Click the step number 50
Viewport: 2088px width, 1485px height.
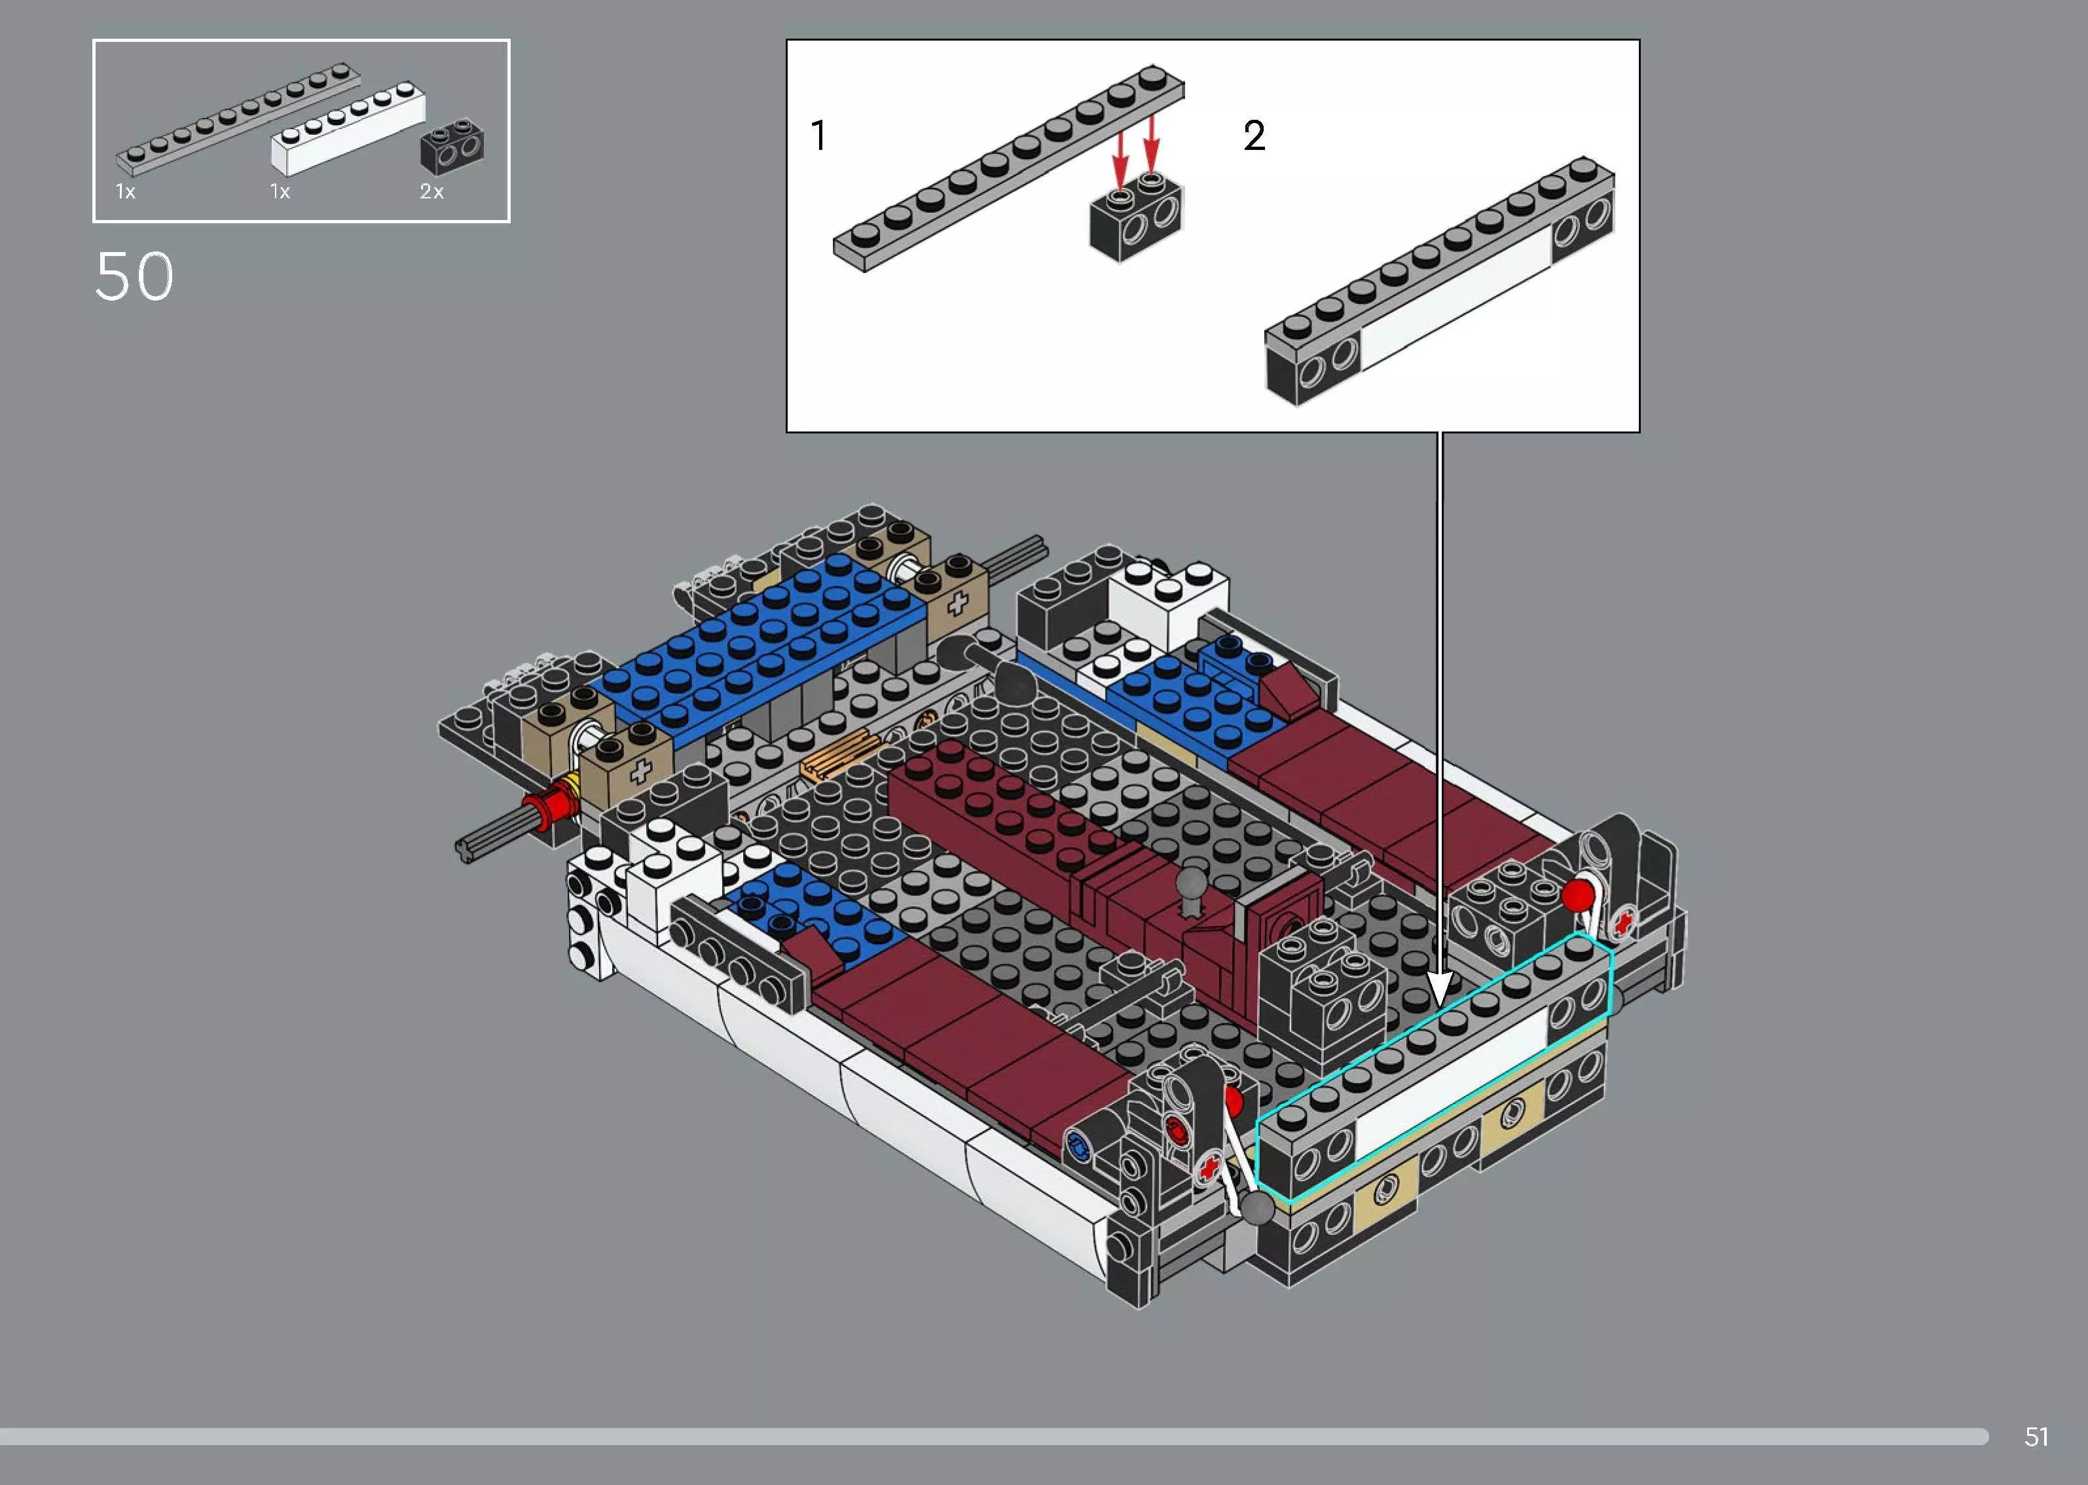pyautogui.click(x=134, y=276)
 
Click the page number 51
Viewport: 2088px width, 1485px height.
pyautogui.click(x=2036, y=1437)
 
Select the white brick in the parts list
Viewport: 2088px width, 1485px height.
pyautogui.click(x=348, y=129)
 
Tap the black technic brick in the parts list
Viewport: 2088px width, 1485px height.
pyautogui.click(x=452, y=146)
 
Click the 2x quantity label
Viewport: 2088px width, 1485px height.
pyautogui.click(x=431, y=191)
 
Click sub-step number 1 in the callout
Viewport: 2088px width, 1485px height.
pyautogui.click(x=819, y=136)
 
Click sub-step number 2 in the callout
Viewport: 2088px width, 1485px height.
pyautogui.click(x=1255, y=136)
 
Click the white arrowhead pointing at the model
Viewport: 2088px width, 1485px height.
pyautogui.click(x=1440, y=992)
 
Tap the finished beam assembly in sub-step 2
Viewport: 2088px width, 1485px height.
pyautogui.click(x=1440, y=284)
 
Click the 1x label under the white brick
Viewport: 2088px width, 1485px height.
pyautogui.click(x=280, y=191)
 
